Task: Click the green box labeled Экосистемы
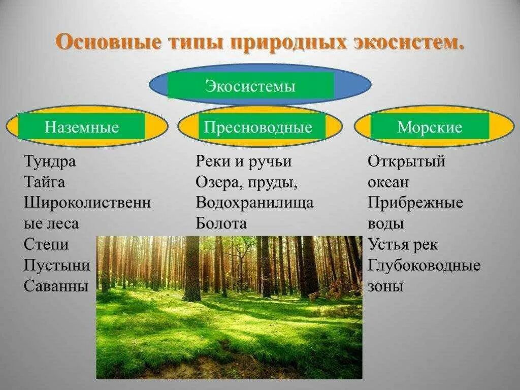click(x=250, y=85)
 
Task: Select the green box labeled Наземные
click(x=82, y=126)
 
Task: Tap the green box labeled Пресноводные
click(x=258, y=126)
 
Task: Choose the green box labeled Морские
click(x=430, y=126)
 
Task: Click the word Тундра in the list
click(x=50, y=162)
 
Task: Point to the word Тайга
click(x=45, y=182)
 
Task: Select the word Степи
click(x=46, y=244)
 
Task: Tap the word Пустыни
click(x=57, y=265)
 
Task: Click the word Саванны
click(x=56, y=286)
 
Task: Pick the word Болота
click(x=221, y=224)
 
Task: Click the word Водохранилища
click(x=255, y=203)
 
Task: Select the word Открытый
click(x=407, y=162)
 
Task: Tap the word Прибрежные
click(x=415, y=203)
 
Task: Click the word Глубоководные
click(x=424, y=265)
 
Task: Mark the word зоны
click(x=385, y=286)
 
